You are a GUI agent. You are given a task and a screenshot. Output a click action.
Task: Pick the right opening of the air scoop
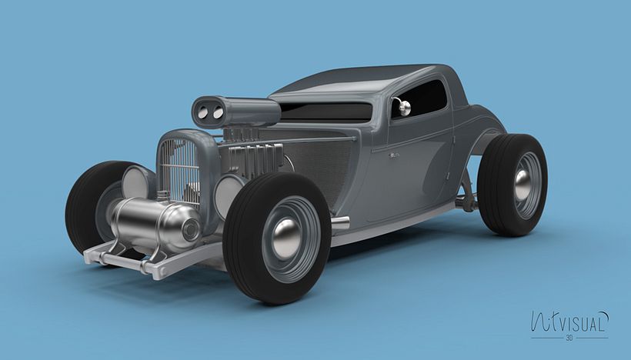tap(219, 113)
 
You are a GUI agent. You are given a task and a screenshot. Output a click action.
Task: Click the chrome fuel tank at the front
tap(154, 223)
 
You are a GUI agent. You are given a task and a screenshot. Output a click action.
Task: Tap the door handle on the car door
tap(394, 155)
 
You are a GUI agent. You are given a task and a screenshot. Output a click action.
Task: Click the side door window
tap(423, 98)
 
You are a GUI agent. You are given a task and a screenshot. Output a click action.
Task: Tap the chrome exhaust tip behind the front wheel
tap(339, 222)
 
